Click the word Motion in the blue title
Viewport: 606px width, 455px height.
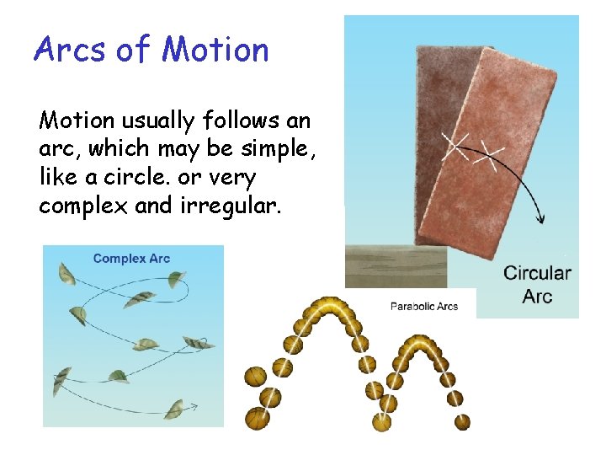coord(215,49)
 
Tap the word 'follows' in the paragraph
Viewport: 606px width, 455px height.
coord(241,120)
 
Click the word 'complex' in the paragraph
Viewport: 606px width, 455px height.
coord(83,206)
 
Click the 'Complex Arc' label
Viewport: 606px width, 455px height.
coord(131,259)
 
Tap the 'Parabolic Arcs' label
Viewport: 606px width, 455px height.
coord(424,307)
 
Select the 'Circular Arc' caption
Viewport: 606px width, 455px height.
coord(537,285)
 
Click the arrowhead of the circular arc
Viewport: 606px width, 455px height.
coord(541,219)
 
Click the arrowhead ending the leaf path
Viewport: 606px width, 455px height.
coord(194,406)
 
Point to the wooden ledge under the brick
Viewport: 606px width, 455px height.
coord(396,266)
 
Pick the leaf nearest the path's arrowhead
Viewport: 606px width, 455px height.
coord(174,409)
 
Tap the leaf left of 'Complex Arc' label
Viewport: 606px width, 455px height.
coord(66,274)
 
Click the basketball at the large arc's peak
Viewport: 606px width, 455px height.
coord(329,307)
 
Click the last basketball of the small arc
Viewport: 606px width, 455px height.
coord(462,422)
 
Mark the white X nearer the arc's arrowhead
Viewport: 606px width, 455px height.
coord(488,157)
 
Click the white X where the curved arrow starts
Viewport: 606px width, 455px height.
coord(455,146)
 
